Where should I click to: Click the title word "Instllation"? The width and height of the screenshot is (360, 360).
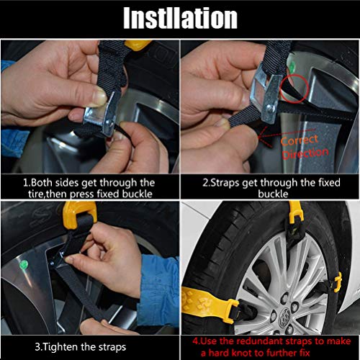point(180,18)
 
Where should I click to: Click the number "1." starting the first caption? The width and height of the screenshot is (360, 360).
point(27,183)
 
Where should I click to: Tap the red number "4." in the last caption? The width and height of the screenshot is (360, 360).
point(196,341)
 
